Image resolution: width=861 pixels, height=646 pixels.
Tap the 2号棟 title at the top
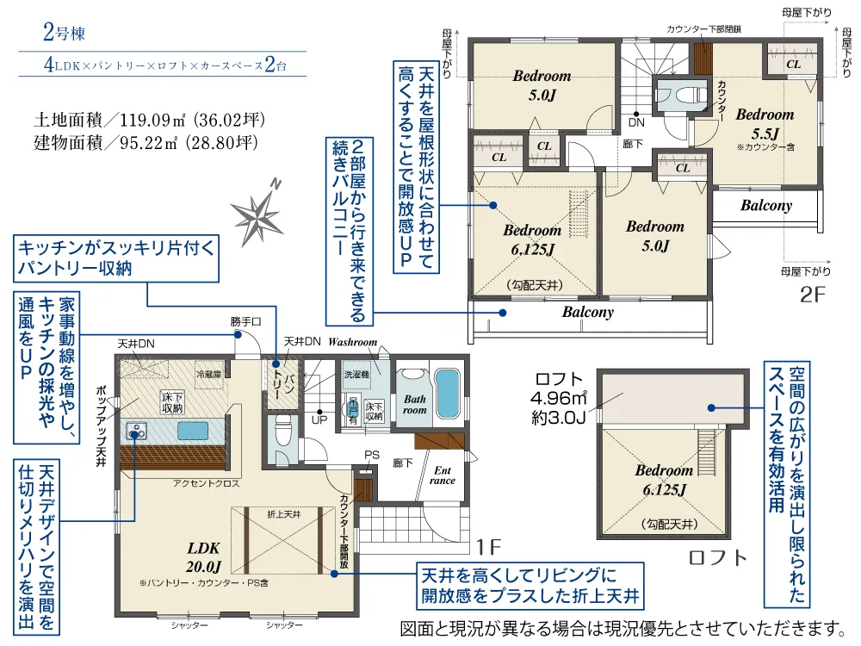tap(64, 35)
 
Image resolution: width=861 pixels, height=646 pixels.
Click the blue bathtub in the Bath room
tap(447, 395)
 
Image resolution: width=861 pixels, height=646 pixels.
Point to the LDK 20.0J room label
tap(204, 556)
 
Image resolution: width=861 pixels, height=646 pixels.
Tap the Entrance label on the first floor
tap(443, 475)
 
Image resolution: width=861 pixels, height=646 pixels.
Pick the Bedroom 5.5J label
tap(765, 123)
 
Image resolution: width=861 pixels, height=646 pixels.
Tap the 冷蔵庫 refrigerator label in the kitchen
tap(209, 375)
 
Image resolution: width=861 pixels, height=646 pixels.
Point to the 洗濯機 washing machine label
tap(356, 376)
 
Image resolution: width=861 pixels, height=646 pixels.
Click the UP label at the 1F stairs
tap(319, 420)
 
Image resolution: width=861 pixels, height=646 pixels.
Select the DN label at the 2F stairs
tap(636, 121)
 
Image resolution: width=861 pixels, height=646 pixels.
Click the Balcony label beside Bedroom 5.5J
tap(765, 206)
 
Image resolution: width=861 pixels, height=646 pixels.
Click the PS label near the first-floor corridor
tap(372, 455)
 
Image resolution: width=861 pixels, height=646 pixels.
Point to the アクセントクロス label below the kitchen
tap(206, 483)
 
